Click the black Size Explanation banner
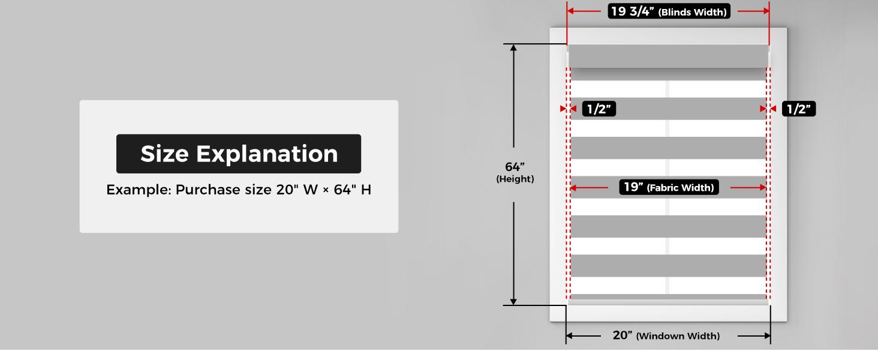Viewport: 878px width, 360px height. click(239, 154)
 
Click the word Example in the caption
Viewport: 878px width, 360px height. click(139, 190)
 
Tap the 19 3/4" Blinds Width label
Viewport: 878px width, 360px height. click(669, 11)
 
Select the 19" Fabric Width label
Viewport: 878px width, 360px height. click(669, 187)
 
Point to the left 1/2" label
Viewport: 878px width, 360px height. click(599, 109)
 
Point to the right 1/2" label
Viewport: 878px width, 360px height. click(799, 109)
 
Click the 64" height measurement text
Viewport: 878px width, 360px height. click(515, 167)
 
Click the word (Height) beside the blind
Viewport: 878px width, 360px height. click(515, 179)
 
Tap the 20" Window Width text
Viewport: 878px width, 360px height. click(666, 335)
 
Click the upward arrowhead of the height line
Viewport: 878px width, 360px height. click(513, 47)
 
